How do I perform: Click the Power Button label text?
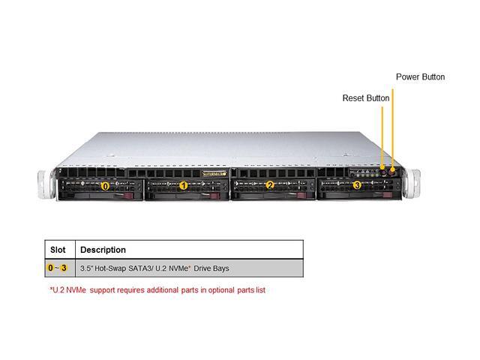click(x=420, y=76)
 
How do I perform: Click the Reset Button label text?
click(x=366, y=98)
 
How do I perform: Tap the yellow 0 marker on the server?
click(x=105, y=185)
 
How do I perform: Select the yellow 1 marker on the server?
click(x=184, y=185)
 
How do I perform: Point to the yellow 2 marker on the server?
click(x=270, y=185)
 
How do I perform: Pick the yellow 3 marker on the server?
click(x=356, y=184)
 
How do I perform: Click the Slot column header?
click(x=58, y=250)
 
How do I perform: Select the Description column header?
click(x=103, y=250)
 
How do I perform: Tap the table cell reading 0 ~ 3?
click(x=58, y=268)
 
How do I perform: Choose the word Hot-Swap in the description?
click(x=113, y=268)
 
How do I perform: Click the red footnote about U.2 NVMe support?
click(x=157, y=289)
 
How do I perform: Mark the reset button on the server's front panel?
click(x=383, y=171)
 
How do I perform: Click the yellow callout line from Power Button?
click(x=392, y=127)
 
